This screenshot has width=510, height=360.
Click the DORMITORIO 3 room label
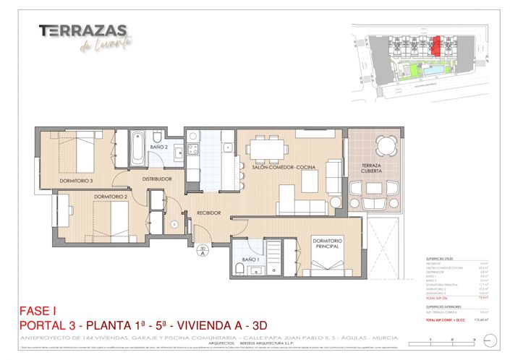(x=76, y=181)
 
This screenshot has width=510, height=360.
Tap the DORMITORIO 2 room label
(x=110, y=197)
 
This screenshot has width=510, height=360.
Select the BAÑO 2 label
(x=159, y=147)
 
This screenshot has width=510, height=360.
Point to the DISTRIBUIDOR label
(x=157, y=179)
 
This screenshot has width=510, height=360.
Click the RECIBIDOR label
(x=203, y=213)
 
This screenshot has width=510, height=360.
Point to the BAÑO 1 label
(x=251, y=259)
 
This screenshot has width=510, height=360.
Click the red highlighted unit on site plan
(x=436, y=46)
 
